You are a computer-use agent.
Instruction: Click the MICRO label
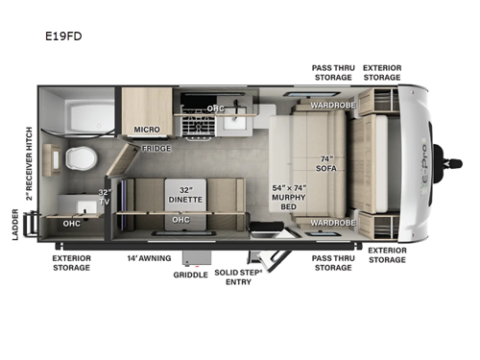[x=145, y=129]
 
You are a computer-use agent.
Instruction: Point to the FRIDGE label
[x=156, y=148]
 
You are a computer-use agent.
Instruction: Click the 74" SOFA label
[x=326, y=164]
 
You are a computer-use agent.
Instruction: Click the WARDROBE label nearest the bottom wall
[x=328, y=222]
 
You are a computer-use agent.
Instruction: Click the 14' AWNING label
[x=148, y=257]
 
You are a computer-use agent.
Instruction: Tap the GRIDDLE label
[x=190, y=275]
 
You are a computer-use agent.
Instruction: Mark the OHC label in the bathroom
[x=71, y=225]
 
